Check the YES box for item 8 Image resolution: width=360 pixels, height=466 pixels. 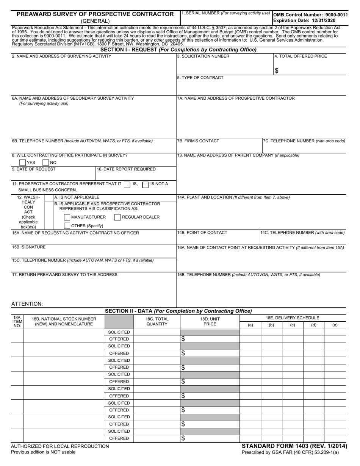click(23, 163)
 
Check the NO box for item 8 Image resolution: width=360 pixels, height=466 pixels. click(45, 163)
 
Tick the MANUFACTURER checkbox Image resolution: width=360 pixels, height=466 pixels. click(67, 217)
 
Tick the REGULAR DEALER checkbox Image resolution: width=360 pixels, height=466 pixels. click(117, 217)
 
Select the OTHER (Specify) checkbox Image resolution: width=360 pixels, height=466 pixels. click(67, 226)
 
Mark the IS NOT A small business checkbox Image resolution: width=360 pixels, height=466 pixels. click(145, 185)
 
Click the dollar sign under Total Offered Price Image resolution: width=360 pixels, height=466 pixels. click(277, 70)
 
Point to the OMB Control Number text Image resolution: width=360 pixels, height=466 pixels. click(310, 15)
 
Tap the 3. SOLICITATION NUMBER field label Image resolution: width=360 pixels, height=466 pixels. click(203, 56)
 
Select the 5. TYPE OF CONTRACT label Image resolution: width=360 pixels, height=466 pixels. click(200, 78)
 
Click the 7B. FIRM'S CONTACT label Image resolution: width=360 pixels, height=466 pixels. click(198, 141)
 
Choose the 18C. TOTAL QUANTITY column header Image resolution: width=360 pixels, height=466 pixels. click(157, 321)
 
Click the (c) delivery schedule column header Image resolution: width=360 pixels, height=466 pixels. click(293, 325)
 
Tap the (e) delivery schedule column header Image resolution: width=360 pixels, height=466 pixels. click(335, 325)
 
